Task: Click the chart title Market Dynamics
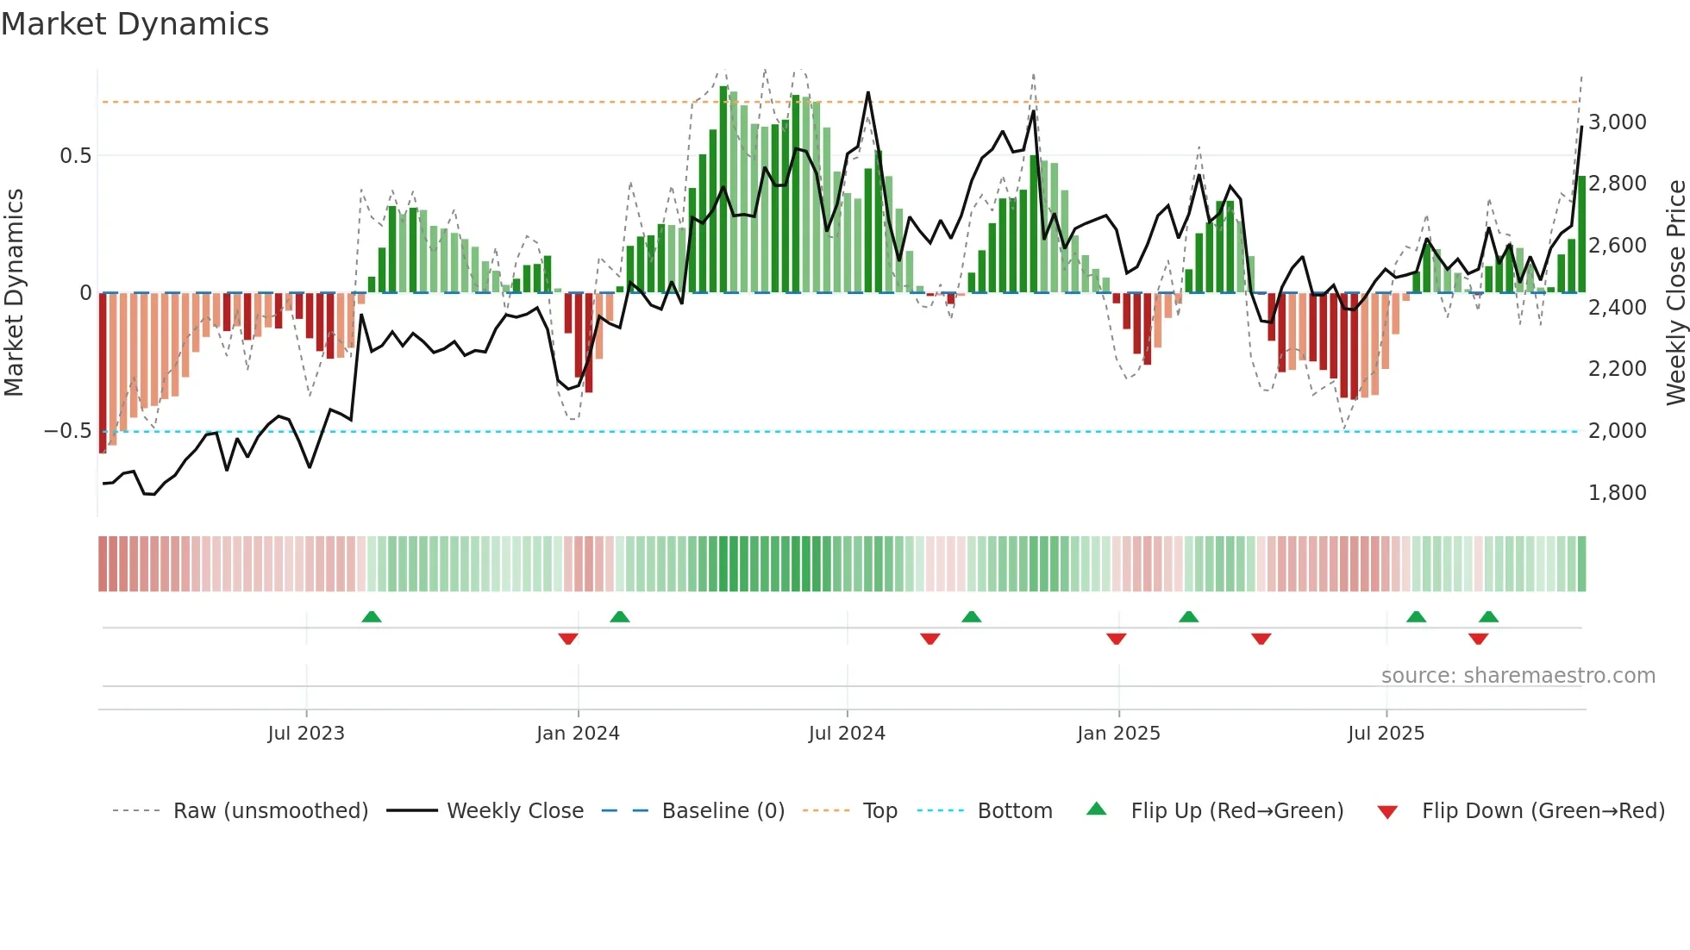pyautogui.click(x=135, y=24)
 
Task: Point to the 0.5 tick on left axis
pyautogui.click(x=75, y=156)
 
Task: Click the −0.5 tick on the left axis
pyautogui.click(x=67, y=431)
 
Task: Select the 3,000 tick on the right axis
pyautogui.click(x=1617, y=122)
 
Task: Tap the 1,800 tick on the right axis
pyautogui.click(x=1617, y=493)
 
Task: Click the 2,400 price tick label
pyautogui.click(x=1617, y=308)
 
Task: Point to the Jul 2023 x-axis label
pyautogui.click(x=306, y=734)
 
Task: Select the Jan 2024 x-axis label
pyautogui.click(x=578, y=734)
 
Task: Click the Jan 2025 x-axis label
pyautogui.click(x=1118, y=734)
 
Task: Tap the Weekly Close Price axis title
pyautogui.click(x=1675, y=293)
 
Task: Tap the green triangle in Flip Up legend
pyautogui.click(x=1096, y=809)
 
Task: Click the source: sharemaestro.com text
pyautogui.click(x=1518, y=676)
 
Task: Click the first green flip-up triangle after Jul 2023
pyautogui.click(x=372, y=617)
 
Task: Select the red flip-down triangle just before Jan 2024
pyautogui.click(x=567, y=639)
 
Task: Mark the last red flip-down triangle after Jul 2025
pyautogui.click(x=1478, y=639)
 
